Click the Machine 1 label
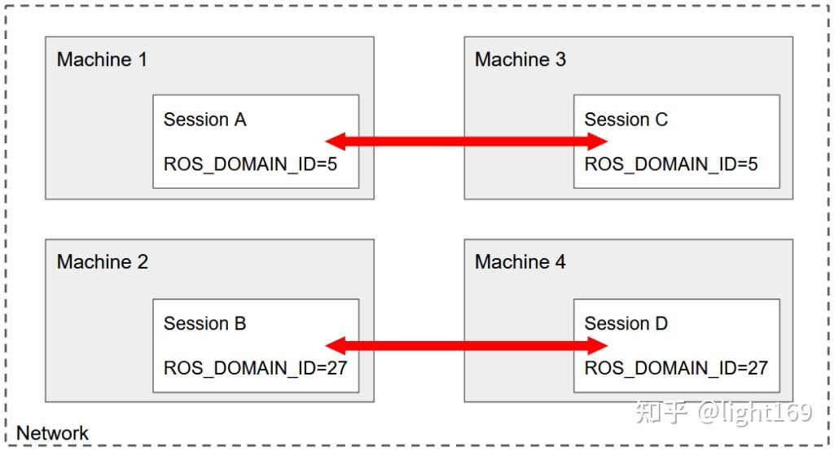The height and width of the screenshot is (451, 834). pos(102,59)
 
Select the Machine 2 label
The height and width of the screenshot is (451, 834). pos(102,262)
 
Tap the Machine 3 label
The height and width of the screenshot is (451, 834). pos(520,59)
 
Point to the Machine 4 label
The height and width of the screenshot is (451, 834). pos(520,262)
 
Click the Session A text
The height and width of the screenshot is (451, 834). pos(204,120)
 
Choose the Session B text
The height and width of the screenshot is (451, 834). pos(204,323)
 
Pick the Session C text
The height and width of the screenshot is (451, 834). pos(625,120)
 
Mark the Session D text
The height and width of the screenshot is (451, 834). pos(625,323)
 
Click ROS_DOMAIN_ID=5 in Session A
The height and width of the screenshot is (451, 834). pos(250,164)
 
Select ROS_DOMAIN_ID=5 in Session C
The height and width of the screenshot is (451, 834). pos(671,164)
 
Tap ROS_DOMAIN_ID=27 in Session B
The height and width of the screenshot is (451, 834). pos(255,367)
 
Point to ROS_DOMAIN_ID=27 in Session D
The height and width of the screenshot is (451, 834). pos(676,367)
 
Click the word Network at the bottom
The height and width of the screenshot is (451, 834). pos(52,433)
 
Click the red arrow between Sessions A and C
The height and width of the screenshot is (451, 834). pos(467,142)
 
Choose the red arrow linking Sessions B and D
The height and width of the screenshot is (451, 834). pos(467,346)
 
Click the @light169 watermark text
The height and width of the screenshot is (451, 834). pos(753,413)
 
